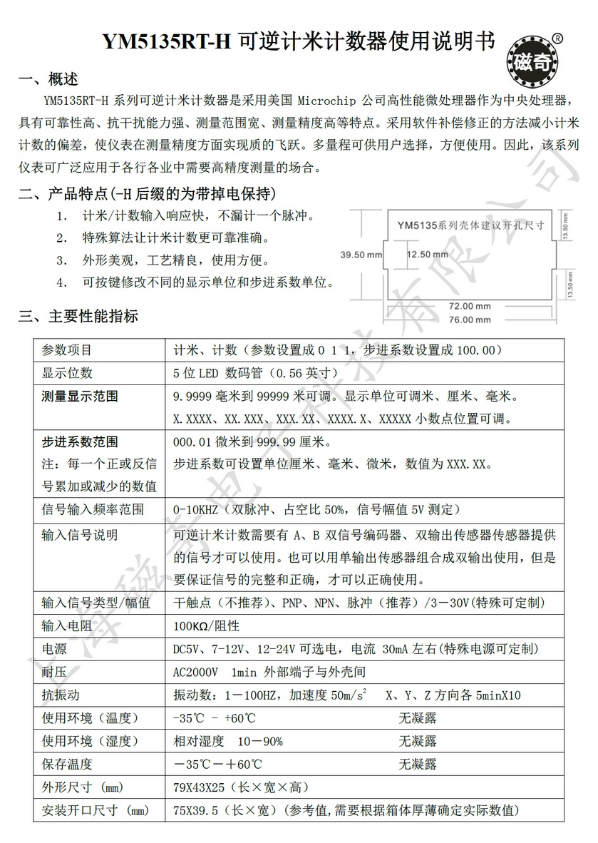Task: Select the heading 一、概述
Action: (48, 78)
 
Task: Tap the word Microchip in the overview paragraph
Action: (324, 98)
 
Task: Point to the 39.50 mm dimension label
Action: (362, 254)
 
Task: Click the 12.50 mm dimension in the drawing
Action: (428, 254)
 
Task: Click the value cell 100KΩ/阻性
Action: (207, 626)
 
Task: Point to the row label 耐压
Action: (55, 672)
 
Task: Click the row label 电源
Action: (55, 649)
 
